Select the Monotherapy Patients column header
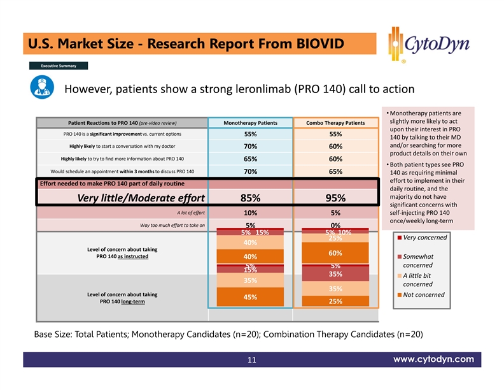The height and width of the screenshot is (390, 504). [x=249, y=123]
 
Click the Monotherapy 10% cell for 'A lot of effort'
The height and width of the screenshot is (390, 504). [x=249, y=213]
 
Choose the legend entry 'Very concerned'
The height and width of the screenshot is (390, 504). [x=423, y=238]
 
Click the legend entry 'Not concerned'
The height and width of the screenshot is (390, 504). [x=423, y=294]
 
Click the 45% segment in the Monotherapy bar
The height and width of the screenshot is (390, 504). [x=249, y=297]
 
